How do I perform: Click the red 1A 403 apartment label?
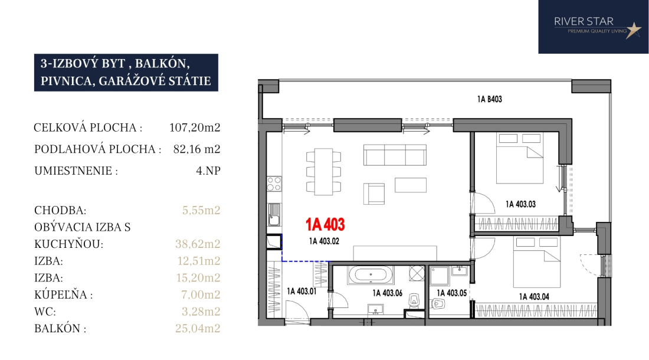(325, 224)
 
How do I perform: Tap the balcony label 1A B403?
(489, 99)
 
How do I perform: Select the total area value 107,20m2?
(195, 127)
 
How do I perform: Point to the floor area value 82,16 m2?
(196, 149)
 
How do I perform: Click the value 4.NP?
(208, 171)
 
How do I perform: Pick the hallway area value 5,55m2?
(201, 210)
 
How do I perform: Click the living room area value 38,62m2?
(198, 244)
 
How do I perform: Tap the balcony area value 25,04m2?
(198, 328)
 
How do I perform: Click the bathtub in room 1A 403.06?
(371, 274)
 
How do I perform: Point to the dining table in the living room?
(323, 172)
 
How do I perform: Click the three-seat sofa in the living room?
(395, 155)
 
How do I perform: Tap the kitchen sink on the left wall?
(274, 214)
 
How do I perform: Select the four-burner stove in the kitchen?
(274, 184)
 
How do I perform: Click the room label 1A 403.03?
(520, 204)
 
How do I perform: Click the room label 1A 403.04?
(534, 297)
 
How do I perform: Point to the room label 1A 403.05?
(451, 293)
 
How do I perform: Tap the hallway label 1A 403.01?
(301, 292)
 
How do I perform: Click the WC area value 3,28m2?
(201, 311)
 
